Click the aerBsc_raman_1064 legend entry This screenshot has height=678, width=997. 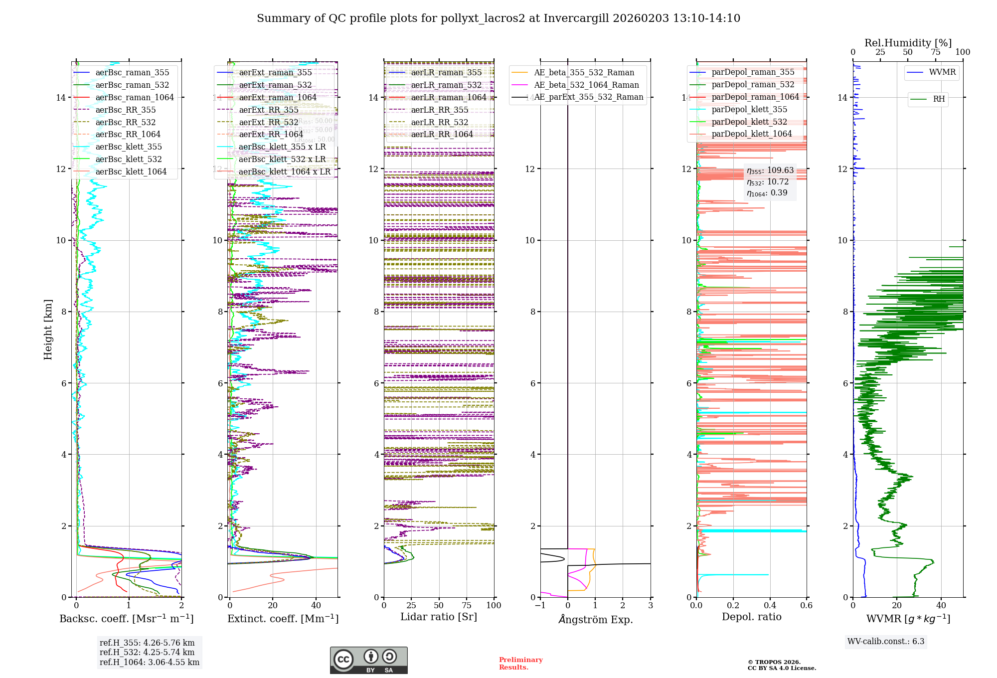tap(135, 97)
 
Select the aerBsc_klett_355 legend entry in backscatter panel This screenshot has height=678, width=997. tap(129, 147)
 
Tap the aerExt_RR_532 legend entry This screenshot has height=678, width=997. tap(269, 122)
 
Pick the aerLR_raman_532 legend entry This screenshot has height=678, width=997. tap(446, 85)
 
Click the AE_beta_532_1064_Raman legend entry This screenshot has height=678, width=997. tap(586, 85)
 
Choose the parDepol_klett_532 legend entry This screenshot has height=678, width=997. tap(749, 122)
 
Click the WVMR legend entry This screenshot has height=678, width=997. tap(942, 72)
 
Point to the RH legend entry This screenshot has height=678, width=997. tap(939, 99)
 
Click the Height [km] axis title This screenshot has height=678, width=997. tap(48, 330)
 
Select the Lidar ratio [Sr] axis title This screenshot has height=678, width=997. tap(439, 617)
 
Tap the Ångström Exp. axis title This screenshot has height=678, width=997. tap(595, 619)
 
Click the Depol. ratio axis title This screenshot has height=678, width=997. tap(751, 617)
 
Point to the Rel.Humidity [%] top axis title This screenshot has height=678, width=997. tap(908, 43)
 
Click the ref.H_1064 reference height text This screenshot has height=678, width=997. tap(150, 662)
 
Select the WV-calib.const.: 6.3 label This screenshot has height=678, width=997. tap(886, 641)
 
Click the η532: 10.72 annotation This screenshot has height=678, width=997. tap(768, 182)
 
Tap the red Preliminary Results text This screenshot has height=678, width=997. tap(520, 663)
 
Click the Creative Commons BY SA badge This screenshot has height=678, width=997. tap(368, 660)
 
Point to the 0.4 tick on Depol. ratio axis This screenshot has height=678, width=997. tap(770, 605)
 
